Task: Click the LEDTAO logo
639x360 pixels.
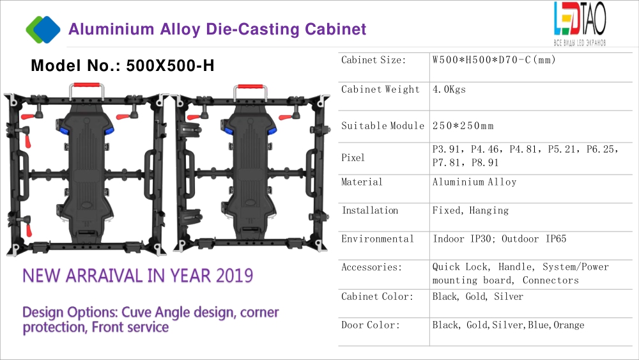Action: [x=580, y=24]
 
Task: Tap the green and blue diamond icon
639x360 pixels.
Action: [x=43, y=29]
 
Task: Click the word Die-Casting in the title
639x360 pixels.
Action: [x=252, y=29]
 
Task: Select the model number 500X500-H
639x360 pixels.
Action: [x=171, y=66]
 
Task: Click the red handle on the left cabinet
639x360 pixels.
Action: [x=86, y=85]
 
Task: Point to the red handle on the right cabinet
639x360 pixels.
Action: [x=250, y=86]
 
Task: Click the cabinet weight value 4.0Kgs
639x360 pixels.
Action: [x=449, y=90]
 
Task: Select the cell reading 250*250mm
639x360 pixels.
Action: [x=463, y=126]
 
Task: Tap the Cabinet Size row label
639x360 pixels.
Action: [x=374, y=60]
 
